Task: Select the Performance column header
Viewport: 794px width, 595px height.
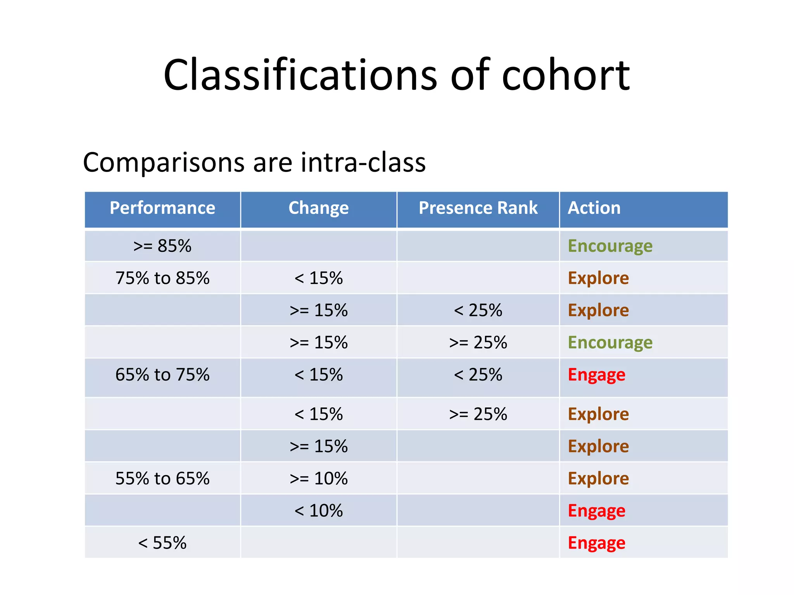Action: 162,208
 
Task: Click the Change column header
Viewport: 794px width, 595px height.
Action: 318,208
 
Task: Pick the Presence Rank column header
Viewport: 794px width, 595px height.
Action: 478,208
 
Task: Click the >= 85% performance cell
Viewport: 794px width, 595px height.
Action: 162,246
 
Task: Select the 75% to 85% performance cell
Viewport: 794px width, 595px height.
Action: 162,278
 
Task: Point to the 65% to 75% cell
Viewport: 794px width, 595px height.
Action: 162,375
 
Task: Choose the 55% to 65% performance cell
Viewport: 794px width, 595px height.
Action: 162,478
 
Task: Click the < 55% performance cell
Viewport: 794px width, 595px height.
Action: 162,543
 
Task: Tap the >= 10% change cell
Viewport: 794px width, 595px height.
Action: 318,478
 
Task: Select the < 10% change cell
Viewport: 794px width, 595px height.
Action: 318,511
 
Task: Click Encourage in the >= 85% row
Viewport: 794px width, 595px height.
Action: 610,246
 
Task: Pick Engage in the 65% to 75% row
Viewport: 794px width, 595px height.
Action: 596,375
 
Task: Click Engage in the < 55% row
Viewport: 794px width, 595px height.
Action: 596,543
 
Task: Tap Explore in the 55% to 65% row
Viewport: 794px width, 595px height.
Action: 598,478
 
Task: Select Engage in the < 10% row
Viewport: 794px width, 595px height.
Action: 596,511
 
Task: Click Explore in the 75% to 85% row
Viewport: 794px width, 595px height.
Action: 598,278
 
